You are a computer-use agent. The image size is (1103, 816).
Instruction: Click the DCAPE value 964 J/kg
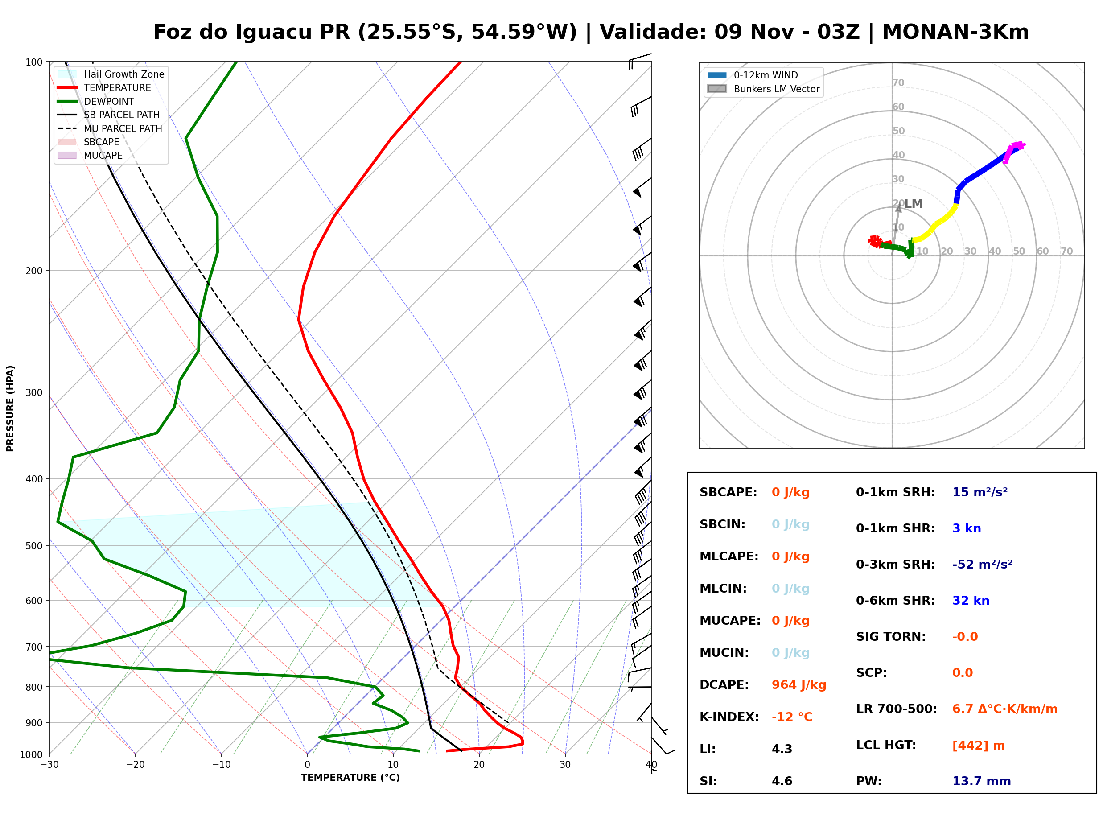coord(799,685)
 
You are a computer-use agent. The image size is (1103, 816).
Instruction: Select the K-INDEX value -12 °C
coord(792,717)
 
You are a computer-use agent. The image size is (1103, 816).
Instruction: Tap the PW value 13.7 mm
coord(982,781)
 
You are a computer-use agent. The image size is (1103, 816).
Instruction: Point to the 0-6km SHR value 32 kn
coord(971,601)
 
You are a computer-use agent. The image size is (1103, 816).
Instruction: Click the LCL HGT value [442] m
coord(979,746)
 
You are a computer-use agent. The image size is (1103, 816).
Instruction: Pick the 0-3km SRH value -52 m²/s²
coord(983,565)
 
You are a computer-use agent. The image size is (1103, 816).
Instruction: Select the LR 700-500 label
coord(896,709)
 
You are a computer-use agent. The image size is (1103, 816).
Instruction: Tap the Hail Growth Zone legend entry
coord(111,74)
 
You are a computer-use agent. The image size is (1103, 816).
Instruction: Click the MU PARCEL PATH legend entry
coord(110,128)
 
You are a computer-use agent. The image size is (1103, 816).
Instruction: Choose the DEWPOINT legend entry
coord(96,101)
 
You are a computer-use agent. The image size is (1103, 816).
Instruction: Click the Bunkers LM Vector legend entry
coord(763,89)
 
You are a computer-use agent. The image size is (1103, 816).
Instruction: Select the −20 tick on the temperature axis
coord(135,765)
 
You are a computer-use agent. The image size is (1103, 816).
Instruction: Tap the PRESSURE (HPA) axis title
coord(10,408)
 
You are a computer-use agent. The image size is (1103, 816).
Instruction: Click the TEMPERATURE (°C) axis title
coord(350,778)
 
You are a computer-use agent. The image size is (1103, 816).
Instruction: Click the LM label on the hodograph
coord(914,203)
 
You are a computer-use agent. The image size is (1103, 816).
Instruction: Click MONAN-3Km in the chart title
coord(955,32)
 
